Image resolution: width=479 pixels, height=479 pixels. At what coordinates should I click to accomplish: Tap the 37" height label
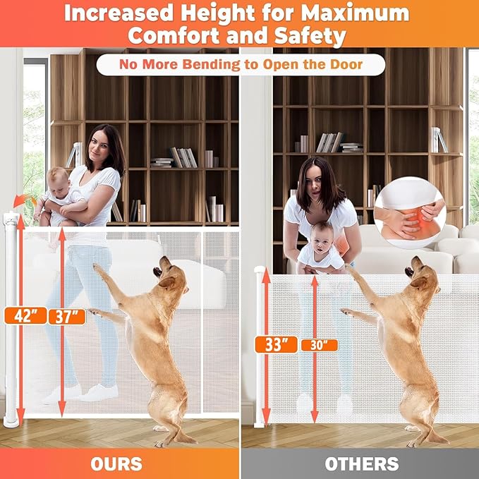click(x=67, y=315)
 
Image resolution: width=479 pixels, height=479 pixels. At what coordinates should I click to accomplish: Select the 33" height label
click(x=275, y=344)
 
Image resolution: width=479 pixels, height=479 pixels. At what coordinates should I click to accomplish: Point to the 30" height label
click(x=319, y=345)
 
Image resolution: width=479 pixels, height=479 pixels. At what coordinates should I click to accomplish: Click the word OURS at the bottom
click(x=116, y=463)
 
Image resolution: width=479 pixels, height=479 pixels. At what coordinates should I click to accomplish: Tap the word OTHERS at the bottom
click(x=361, y=463)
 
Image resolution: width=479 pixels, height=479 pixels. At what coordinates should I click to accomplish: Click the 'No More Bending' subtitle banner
click(x=240, y=65)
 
